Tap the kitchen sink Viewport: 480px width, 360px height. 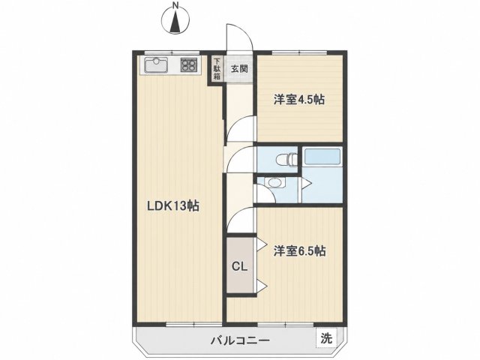pos(156,65)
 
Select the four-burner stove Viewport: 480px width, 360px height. pos(188,65)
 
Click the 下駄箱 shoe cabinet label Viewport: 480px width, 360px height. pos(217,68)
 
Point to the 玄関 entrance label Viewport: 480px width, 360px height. pos(239,68)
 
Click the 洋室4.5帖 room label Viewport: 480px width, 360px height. pos(299,100)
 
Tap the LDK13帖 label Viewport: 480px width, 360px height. pos(173,205)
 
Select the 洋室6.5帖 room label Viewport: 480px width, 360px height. pos(299,251)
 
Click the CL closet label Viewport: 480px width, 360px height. pos(239,267)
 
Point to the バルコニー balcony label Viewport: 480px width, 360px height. pos(240,340)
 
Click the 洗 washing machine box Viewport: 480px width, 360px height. pos(326,338)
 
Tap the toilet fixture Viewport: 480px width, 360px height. pos(286,159)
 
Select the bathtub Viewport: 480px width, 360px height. pos(322,157)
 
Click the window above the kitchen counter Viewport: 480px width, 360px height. pos(172,52)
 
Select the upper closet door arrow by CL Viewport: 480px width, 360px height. pos(261,244)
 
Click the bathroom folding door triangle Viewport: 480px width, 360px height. pos(307,183)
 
